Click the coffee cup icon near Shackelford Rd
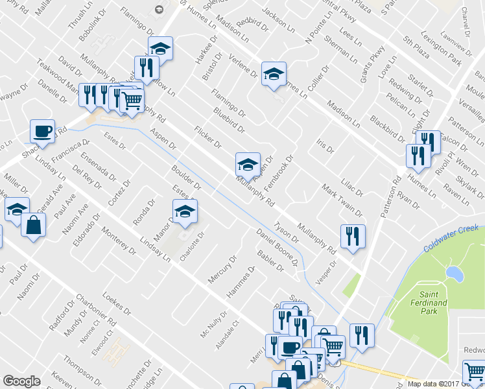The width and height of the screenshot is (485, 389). coord(42,130)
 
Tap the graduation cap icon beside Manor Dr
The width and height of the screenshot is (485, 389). coord(185,211)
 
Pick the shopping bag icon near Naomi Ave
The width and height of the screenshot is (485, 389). coord(33,225)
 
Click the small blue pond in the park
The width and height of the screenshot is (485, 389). coord(455,274)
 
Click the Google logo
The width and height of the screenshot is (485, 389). coord(21,381)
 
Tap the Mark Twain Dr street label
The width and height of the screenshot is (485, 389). coord(342,200)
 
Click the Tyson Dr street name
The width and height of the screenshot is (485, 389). coord(286,231)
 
